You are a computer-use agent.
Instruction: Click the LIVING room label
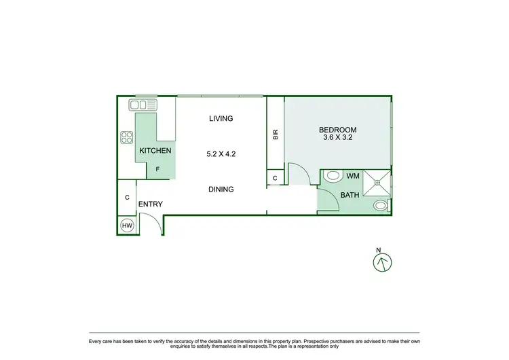click(x=221, y=118)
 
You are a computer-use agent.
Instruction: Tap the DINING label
click(x=221, y=190)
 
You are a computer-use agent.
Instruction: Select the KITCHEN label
click(x=155, y=151)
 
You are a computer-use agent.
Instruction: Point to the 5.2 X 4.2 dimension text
click(x=221, y=154)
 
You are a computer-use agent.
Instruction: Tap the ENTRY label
click(x=150, y=204)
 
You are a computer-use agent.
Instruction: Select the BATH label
click(x=350, y=196)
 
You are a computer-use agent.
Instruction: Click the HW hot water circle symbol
click(x=126, y=225)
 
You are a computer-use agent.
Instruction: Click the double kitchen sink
click(x=143, y=105)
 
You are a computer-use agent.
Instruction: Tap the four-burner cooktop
click(x=126, y=138)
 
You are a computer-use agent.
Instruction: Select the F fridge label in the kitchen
click(x=158, y=170)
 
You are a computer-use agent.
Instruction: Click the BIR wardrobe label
click(x=275, y=134)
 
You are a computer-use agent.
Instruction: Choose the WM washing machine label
click(x=352, y=177)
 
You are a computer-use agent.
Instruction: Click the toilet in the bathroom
click(x=333, y=176)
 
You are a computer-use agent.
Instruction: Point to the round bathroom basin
click(x=381, y=205)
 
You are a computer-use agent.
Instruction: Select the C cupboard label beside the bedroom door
click(x=275, y=179)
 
